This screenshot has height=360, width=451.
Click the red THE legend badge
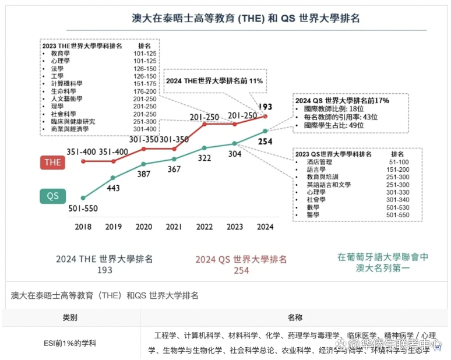[x=53, y=163]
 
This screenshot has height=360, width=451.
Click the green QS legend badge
[x=53, y=196]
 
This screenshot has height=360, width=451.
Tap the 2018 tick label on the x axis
[x=83, y=227]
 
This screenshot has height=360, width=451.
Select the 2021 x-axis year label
[x=174, y=227]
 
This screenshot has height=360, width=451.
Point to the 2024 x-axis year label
[x=265, y=227]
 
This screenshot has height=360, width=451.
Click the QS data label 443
[x=114, y=188]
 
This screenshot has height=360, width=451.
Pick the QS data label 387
[x=143, y=174]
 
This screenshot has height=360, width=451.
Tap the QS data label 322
[x=204, y=158]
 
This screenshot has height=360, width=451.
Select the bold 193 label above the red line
[x=266, y=107]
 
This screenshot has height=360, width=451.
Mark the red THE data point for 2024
[x=265, y=117]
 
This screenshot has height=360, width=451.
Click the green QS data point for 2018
[x=83, y=198]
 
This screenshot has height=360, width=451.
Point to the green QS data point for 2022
[x=204, y=147]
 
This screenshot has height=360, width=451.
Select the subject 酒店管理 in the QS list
[x=317, y=161]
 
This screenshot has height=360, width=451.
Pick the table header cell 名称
[x=295, y=317]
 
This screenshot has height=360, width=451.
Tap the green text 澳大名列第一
[x=383, y=268]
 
